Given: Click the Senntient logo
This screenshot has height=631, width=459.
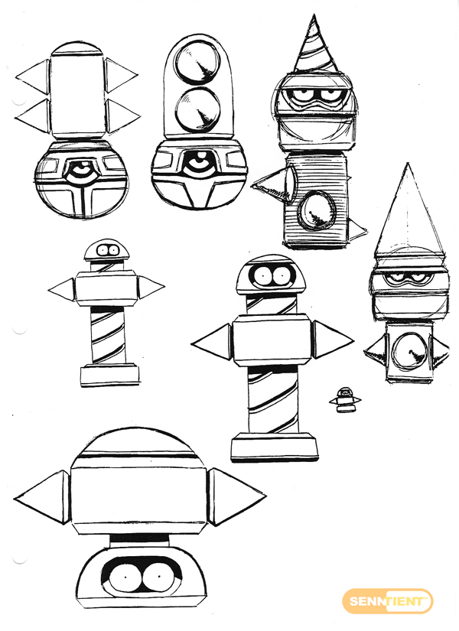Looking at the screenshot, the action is point(387,602).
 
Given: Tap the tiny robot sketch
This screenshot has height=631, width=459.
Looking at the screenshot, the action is point(345,399).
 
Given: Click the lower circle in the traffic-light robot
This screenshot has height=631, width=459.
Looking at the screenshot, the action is point(198,108).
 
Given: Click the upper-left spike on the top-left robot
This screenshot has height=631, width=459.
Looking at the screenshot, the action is point(33,76).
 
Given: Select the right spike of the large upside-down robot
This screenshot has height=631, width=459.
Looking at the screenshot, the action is point(236,497).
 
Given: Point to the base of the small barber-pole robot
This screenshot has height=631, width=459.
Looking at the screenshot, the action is point(110,376).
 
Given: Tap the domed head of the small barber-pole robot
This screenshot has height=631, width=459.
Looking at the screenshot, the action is point(106,250).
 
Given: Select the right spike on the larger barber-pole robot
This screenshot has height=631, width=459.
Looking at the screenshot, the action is point(333,340).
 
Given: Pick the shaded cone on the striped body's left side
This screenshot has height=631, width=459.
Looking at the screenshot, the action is point(274,185).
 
